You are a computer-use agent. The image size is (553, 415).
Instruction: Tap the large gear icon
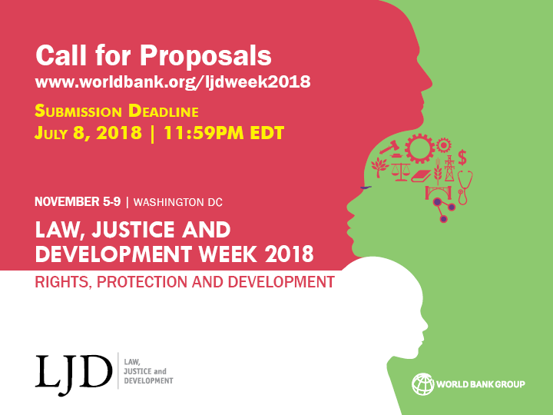(420, 148)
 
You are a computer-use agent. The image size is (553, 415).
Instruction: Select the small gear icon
(443, 145)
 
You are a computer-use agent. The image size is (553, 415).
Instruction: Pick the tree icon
(379, 167)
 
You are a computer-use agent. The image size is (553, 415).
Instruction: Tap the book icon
(421, 176)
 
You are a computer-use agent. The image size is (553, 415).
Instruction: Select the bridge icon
(438, 191)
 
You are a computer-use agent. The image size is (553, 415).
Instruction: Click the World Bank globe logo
(423, 383)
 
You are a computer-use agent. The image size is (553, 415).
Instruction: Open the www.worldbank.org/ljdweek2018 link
(173, 81)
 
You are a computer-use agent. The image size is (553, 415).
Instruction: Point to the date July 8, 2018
(88, 132)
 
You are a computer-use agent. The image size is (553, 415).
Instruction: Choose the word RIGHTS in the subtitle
(59, 281)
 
